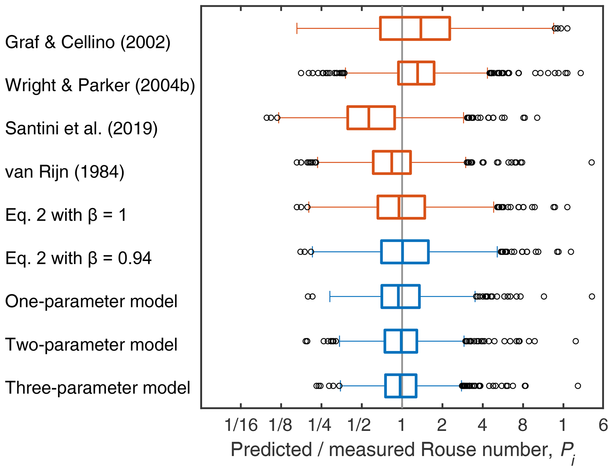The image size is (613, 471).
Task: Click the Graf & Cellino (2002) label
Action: coord(88,42)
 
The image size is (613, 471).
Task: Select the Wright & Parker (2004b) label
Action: coord(100,86)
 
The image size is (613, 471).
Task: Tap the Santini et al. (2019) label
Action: coord(81,129)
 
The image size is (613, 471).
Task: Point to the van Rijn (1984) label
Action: coord(65,172)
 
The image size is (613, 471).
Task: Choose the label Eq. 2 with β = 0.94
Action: coord(78,258)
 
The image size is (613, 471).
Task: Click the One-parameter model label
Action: coord(91,301)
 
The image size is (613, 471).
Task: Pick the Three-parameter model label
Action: coord(98,388)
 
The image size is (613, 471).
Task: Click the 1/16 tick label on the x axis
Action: coord(241,425)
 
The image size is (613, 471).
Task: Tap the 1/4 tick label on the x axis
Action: coord(320,425)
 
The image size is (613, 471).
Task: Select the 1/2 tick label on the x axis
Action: coord(359,425)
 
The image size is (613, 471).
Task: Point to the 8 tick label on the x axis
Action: coord(523,425)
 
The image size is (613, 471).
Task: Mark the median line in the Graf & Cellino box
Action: coord(421,29)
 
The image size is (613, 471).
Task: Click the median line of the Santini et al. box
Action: coord(369,118)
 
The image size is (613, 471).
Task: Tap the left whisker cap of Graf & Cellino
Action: coord(297,29)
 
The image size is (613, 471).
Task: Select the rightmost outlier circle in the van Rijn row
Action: coord(591,162)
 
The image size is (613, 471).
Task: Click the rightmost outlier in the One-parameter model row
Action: coord(592,296)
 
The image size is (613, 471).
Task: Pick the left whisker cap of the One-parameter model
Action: coord(330,296)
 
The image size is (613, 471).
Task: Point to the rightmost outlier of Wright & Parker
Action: coord(581,73)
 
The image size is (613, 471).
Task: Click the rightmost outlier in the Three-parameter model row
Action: coord(578,386)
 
